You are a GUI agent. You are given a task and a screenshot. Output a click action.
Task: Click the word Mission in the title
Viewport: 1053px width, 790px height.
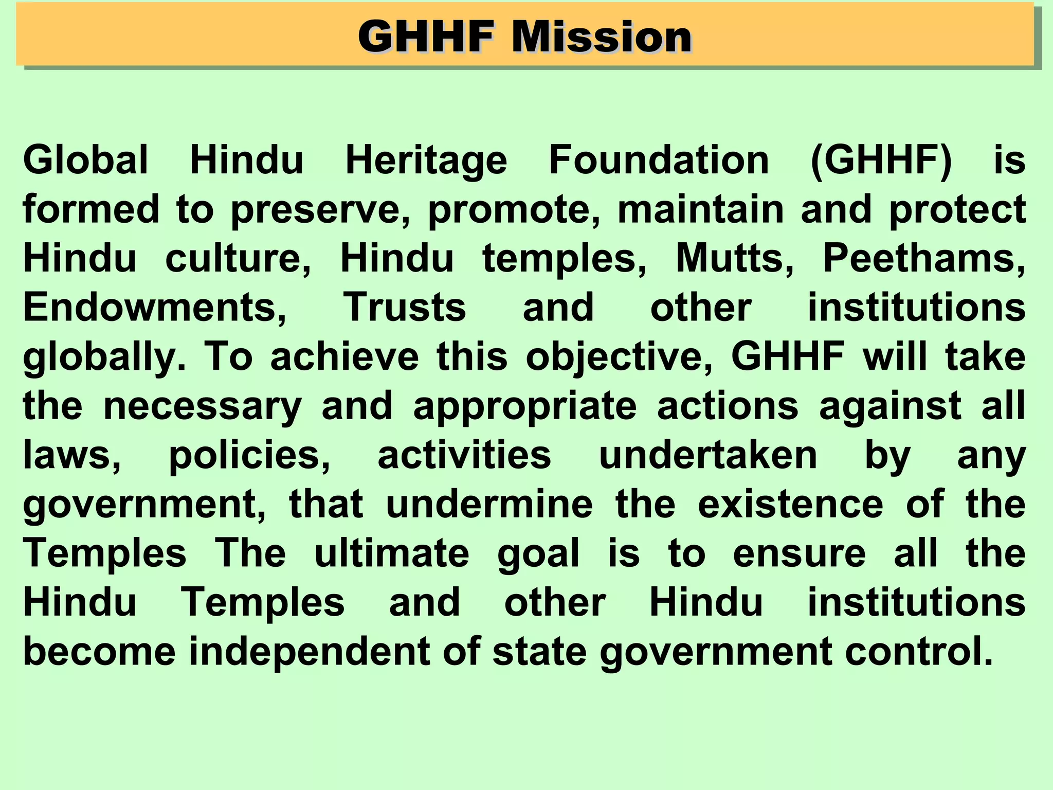602,37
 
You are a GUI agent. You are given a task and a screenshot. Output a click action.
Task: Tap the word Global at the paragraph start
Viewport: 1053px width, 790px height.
86,160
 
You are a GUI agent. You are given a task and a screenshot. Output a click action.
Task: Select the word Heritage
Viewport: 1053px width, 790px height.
426,160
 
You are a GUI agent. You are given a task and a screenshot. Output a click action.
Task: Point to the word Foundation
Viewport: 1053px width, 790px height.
659,160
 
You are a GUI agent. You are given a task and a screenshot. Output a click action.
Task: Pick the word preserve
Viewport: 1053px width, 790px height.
320,209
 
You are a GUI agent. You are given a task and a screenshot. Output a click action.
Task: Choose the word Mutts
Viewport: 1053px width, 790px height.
735,258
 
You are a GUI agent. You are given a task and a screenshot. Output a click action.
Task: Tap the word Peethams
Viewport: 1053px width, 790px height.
924,258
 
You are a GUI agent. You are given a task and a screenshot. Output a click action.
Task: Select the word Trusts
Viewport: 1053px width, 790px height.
405,307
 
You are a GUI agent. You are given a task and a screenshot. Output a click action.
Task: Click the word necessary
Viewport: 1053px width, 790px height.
203,406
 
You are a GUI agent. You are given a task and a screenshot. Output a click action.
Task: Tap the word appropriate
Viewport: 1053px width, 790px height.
525,406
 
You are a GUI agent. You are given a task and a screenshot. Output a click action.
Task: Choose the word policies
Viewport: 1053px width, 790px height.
249,455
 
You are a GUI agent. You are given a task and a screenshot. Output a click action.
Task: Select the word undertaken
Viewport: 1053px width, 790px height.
708,455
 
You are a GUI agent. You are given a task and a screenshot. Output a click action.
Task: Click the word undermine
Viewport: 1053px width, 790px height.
489,504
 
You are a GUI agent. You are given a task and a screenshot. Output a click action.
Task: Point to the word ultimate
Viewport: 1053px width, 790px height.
392,553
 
